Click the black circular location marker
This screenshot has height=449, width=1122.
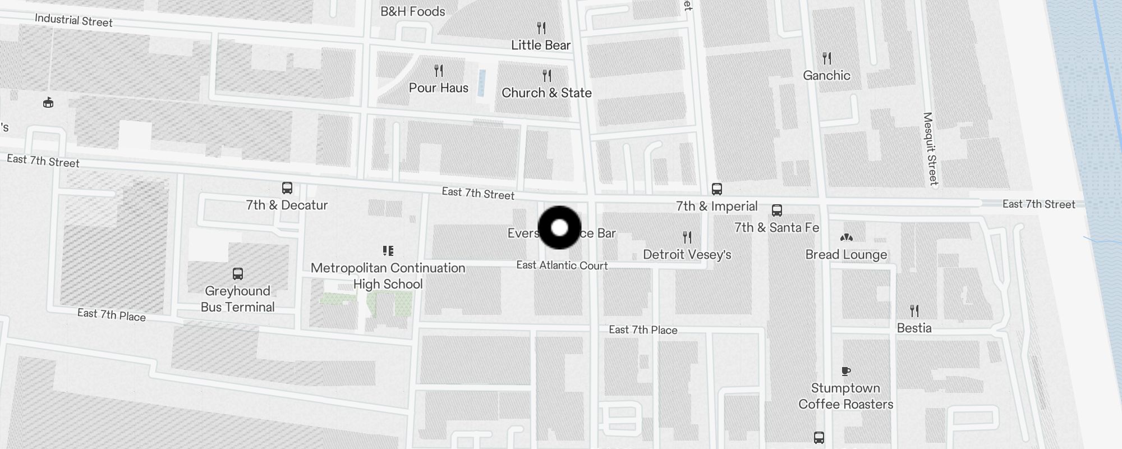559,227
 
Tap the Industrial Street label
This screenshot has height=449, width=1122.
73,21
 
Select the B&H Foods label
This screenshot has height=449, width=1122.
412,11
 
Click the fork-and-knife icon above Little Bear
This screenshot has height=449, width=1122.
541,28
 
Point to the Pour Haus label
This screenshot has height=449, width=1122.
438,88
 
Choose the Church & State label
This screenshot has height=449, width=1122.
546,93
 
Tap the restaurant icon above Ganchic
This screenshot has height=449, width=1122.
826,58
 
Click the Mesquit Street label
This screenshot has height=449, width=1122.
930,149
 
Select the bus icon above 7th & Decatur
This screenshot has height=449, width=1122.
287,188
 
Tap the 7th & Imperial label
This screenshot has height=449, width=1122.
716,207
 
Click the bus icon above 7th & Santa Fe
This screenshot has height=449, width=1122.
777,210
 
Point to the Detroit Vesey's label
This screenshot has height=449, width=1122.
687,255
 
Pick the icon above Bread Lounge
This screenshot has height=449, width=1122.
846,237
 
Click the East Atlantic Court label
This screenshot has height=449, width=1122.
562,265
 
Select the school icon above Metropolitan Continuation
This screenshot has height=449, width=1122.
388,250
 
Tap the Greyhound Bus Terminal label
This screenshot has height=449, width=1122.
238,299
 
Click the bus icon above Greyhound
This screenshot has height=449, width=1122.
238,274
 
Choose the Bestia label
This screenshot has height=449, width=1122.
914,328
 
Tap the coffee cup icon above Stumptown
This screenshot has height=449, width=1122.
846,371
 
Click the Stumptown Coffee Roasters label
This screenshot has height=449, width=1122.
845,396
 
